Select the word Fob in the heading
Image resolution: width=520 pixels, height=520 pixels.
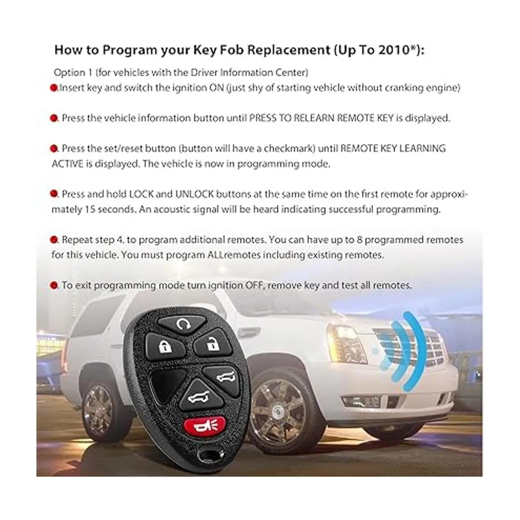(x=232, y=50)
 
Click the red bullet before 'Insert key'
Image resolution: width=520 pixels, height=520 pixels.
(x=54, y=88)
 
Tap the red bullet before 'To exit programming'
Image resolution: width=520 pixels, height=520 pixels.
(x=54, y=285)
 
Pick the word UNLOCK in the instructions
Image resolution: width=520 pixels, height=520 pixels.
(x=195, y=194)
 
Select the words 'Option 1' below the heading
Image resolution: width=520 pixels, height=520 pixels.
(x=73, y=73)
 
